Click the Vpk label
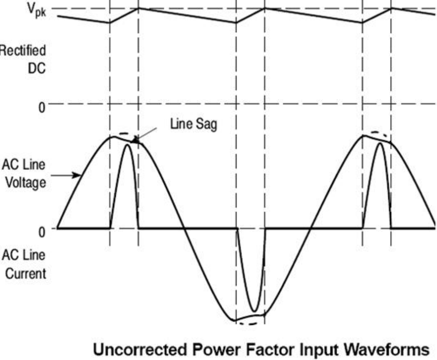click(x=36, y=9)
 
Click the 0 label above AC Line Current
click(x=41, y=231)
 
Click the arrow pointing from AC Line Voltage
click(x=67, y=176)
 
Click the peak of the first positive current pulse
click(x=127, y=146)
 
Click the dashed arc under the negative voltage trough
click(x=250, y=323)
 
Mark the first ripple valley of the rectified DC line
click(x=110, y=23)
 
